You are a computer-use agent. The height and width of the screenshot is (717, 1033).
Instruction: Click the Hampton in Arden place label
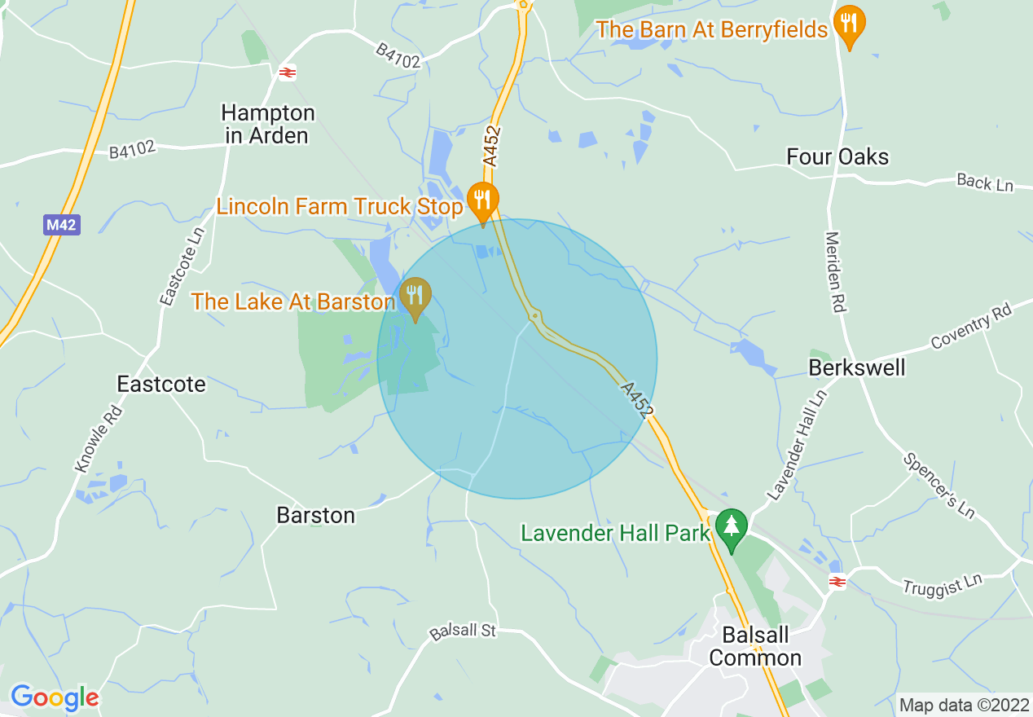268,124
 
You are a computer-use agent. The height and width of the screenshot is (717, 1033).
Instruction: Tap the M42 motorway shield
62,225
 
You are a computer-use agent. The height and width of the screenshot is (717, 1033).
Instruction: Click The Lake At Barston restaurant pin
415,296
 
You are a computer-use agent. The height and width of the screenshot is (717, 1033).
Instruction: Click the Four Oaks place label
837,156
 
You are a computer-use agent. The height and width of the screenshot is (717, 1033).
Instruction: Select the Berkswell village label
856,367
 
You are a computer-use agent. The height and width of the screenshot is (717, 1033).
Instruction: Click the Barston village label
316,516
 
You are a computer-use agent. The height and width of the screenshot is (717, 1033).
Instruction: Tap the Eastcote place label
161,384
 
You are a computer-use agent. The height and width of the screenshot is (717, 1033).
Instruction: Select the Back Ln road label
985,183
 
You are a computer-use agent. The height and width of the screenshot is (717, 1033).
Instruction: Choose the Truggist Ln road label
943,585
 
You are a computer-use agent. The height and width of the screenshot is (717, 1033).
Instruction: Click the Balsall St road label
463,631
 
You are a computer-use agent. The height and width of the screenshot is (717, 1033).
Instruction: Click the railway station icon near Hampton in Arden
286,73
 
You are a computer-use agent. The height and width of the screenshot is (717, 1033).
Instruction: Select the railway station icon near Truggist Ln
837,581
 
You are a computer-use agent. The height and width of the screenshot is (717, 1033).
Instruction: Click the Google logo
54,697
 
